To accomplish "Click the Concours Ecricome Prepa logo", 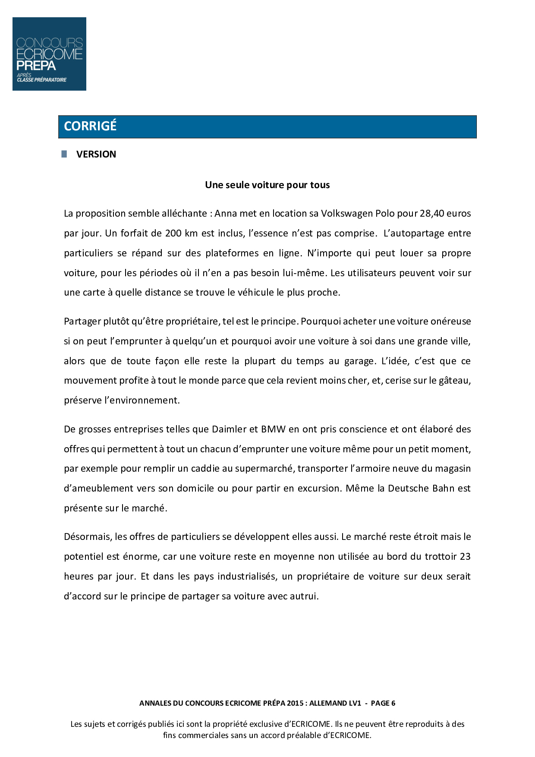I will [x=49, y=54].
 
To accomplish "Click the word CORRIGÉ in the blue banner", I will [x=90, y=126].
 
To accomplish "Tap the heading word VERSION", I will [x=96, y=155].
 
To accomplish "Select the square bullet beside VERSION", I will [x=64, y=154].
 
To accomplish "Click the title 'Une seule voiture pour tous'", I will [x=267, y=185].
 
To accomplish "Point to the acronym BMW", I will [x=273, y=429].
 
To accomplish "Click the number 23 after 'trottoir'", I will [x=465, y=557].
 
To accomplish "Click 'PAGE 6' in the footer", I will [x=383, y=703].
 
